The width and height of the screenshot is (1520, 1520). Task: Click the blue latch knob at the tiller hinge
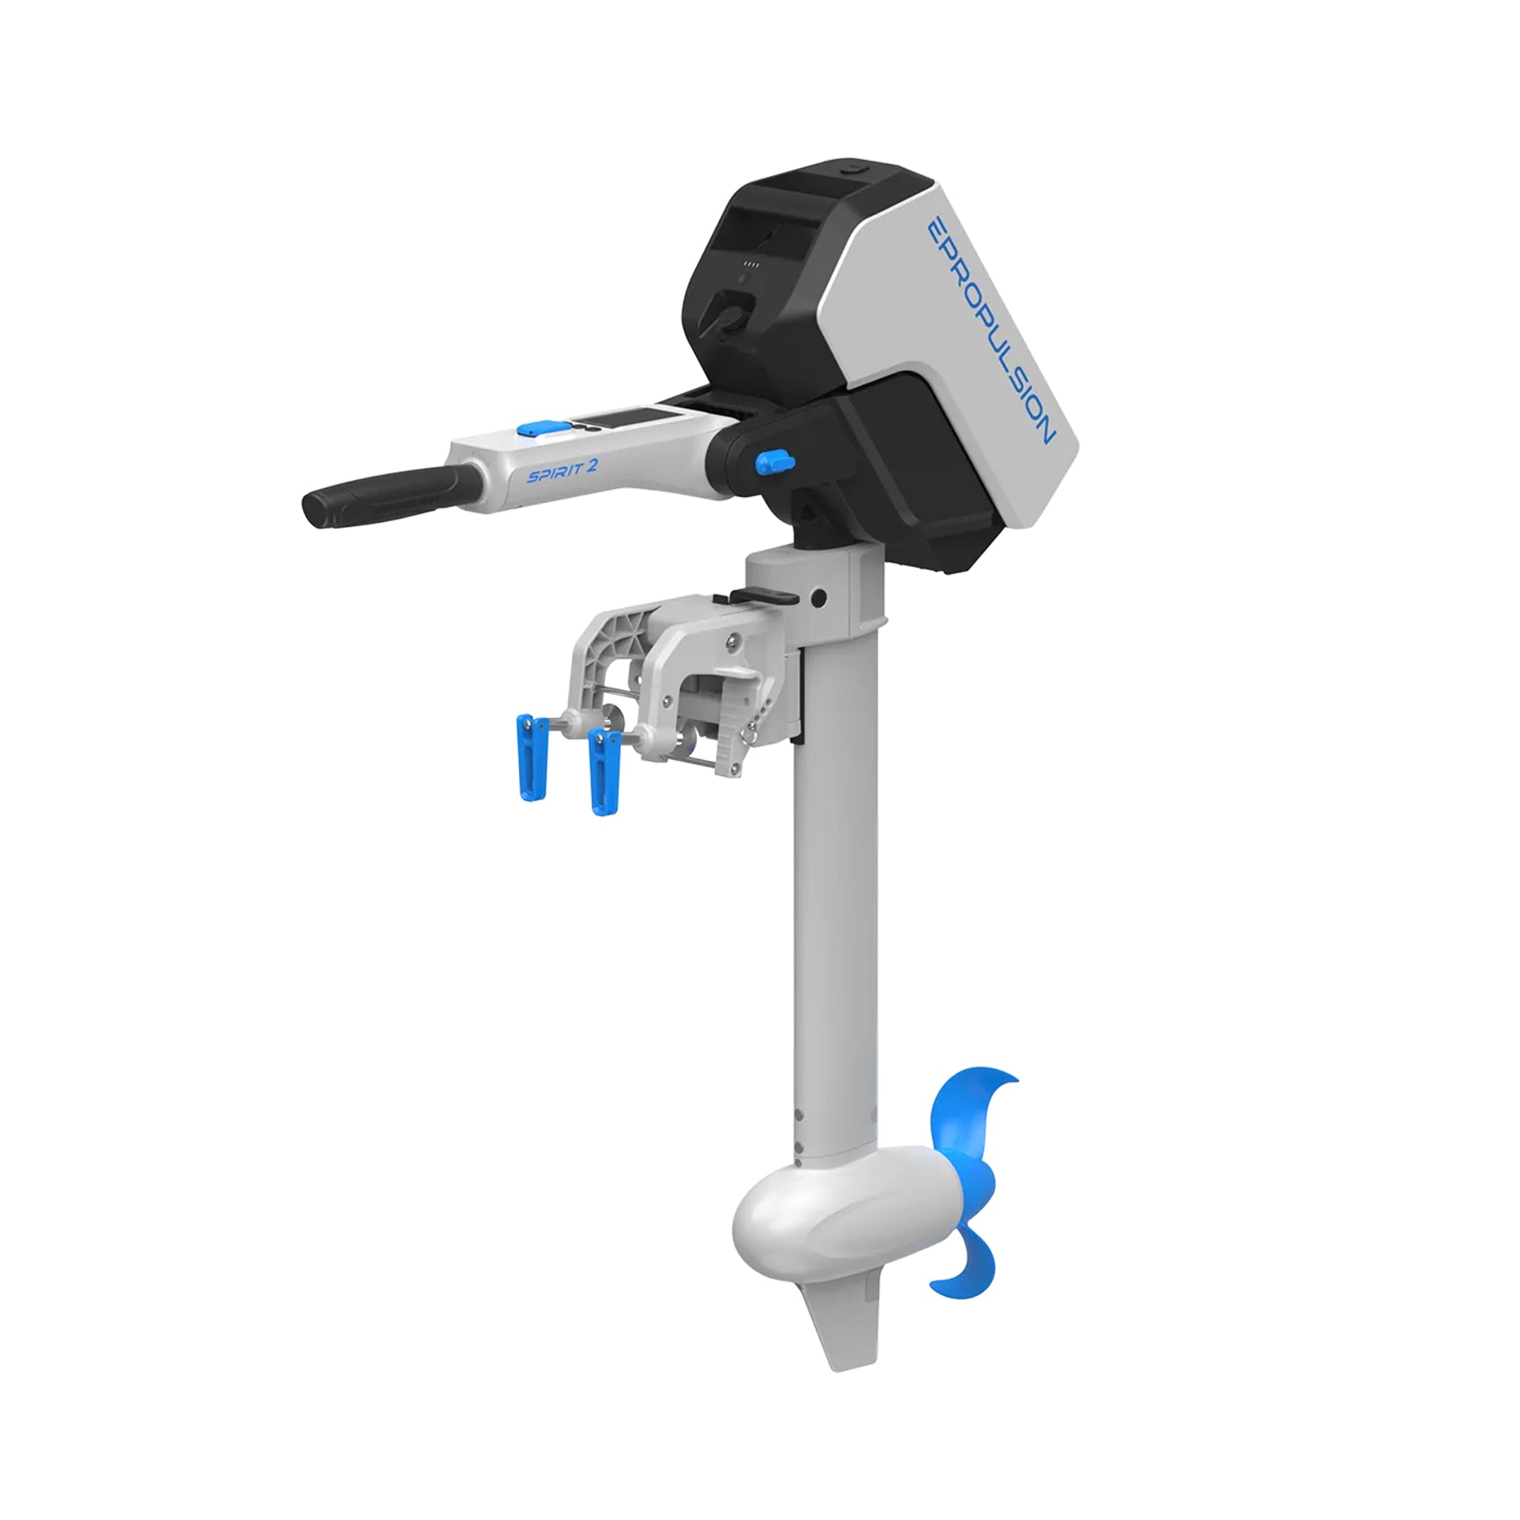[774, 462]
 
